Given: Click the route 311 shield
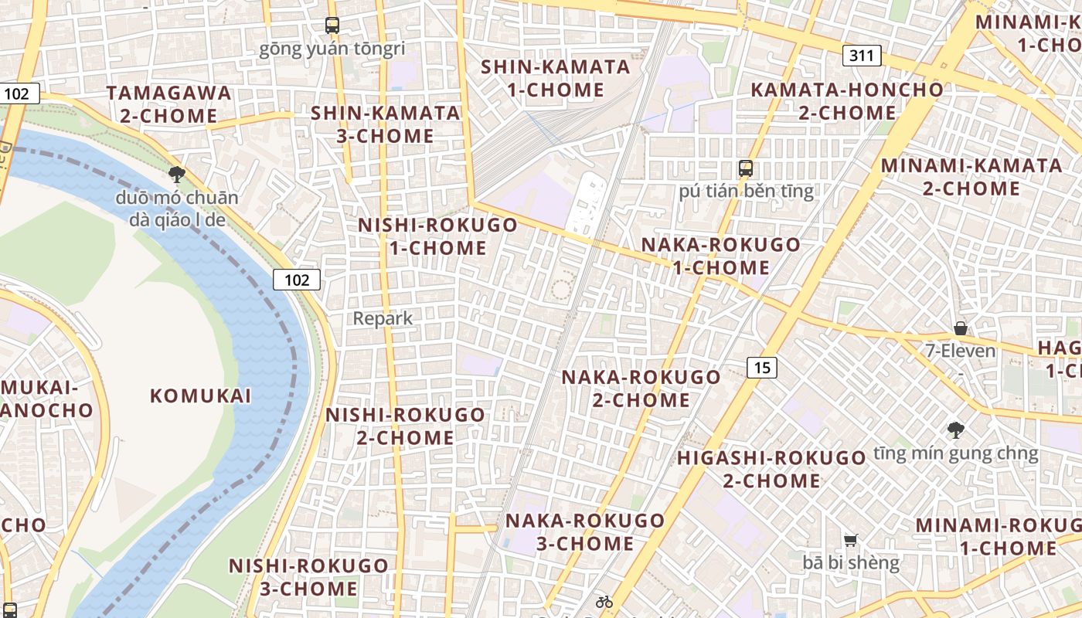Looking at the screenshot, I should tap(861, 55).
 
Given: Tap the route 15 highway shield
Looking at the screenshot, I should tap(762, 368).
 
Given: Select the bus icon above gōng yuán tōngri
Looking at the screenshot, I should tap(332, 25).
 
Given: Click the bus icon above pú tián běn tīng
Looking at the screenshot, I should tap(746, 168).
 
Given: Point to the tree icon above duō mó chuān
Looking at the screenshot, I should tap(177, 175).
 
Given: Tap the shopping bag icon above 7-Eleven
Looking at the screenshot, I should tap(960, 328).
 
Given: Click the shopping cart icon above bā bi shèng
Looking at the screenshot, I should tap(851, 540).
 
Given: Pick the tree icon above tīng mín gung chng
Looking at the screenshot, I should tap(956, 430).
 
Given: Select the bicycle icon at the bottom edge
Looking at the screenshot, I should tap(604, 602).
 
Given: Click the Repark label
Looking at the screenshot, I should tap(383, 318).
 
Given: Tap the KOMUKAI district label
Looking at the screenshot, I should tap(201, 396).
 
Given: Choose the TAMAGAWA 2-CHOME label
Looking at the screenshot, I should tap(169, 104).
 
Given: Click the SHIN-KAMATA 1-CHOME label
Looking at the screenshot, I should tap(556, 78).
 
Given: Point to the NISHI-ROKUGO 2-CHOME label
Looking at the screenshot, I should tap(406, 426).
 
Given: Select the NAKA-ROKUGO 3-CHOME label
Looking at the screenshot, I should tap(585, 531).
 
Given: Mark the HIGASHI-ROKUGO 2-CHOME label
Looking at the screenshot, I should tap(771, 469).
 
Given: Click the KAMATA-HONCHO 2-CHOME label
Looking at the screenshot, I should tap(847, 101).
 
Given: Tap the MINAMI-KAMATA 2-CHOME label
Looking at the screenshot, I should tap(971, 177).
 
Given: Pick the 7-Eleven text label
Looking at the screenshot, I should tap(961, 351).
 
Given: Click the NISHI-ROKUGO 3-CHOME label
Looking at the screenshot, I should tap(308, 577).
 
